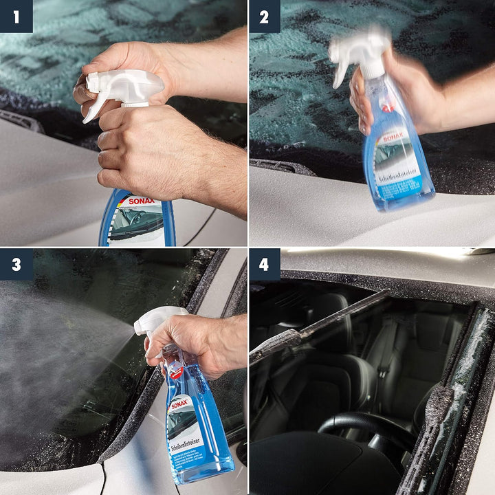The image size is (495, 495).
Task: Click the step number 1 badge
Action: (x=16, y=16)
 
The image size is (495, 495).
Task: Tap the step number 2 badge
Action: (x=265, y=16)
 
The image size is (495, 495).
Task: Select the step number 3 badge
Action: (x=16, y=265)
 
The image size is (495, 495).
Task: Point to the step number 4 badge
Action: (x=265, y=265)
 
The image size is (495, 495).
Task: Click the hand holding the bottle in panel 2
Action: (x=371, y=96)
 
